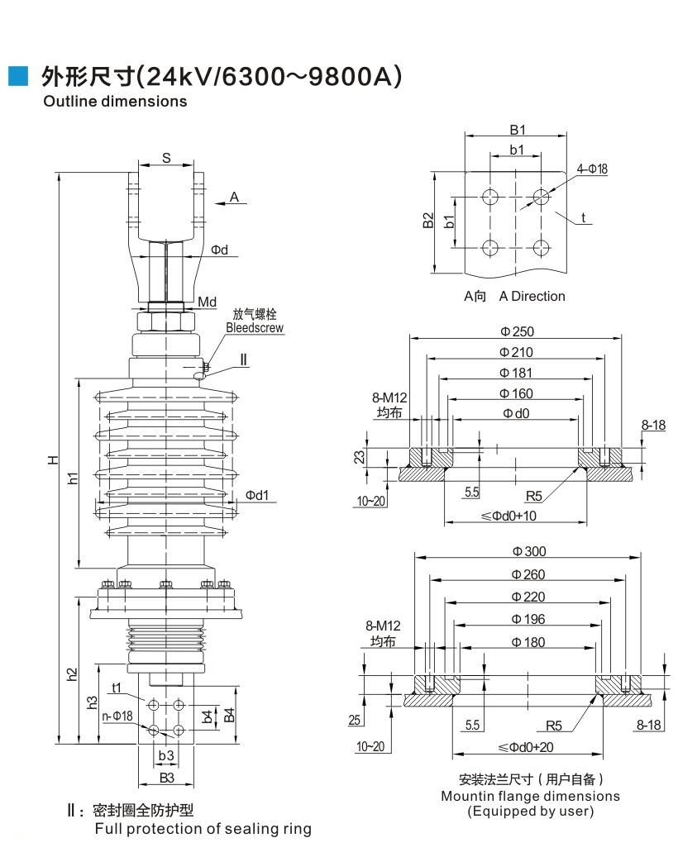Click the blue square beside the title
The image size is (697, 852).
pyautogui.click(x=17, y=77)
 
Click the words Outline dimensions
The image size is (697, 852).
pyautogui.click(x=115, y=102)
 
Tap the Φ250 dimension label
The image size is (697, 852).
pyautogui.click(x=517, y=331)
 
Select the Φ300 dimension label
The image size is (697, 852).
pyautogui.click(x=528, y=552)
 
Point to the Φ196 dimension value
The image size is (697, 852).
pyautogui.click(x=528, y=619)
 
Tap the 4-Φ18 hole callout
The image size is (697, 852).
pyautogui.click(x=592, y=169)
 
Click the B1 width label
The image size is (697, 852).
pyautogui.click(x=517, y=130)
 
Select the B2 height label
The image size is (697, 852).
pyautogui.click(x=428, y=221)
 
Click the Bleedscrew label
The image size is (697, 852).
pyautogui.click(x=255, y=328)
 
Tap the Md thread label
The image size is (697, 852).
pyautogui.click(x=207, y=302)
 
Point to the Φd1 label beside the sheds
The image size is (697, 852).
pyautogui.click(x=256, y=495)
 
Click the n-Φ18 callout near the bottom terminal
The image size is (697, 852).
pyautogui.click(x=117, y=716)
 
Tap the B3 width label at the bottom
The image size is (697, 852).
pyautogui.click(x=166, y=778)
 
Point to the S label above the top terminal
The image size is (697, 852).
pyautogui.click(x=165, y=158)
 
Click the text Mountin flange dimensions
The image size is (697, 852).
pyautogui.click(x=530, y=796)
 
